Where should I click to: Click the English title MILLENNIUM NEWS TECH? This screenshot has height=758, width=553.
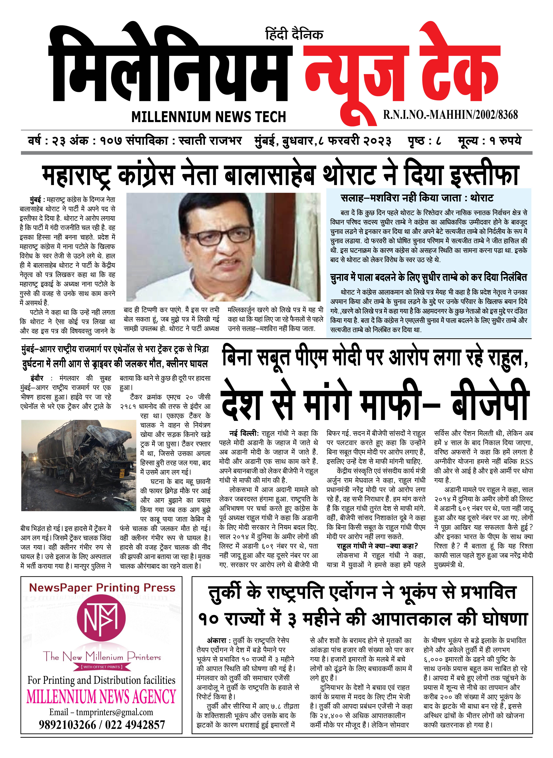209,117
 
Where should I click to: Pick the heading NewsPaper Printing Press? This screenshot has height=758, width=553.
102,588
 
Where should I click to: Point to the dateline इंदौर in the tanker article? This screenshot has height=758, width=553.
37,378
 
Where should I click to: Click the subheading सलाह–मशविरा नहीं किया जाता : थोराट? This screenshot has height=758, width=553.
417,198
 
